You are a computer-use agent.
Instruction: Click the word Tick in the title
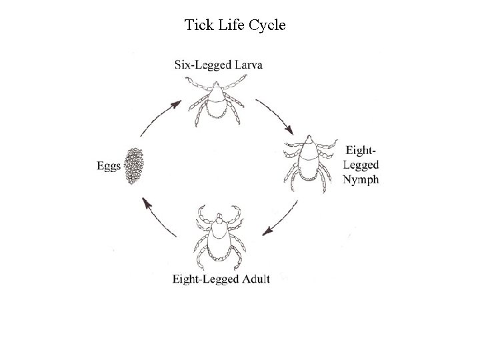coord(198,26)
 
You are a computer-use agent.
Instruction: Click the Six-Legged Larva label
coord(218,65)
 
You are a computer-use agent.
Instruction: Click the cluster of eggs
coord(135,167)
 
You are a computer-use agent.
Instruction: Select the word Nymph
coord(361,179)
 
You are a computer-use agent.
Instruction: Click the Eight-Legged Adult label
coord(221,279)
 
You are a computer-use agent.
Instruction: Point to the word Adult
coord(255,279)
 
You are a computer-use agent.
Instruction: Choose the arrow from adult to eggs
coord(157,213)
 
